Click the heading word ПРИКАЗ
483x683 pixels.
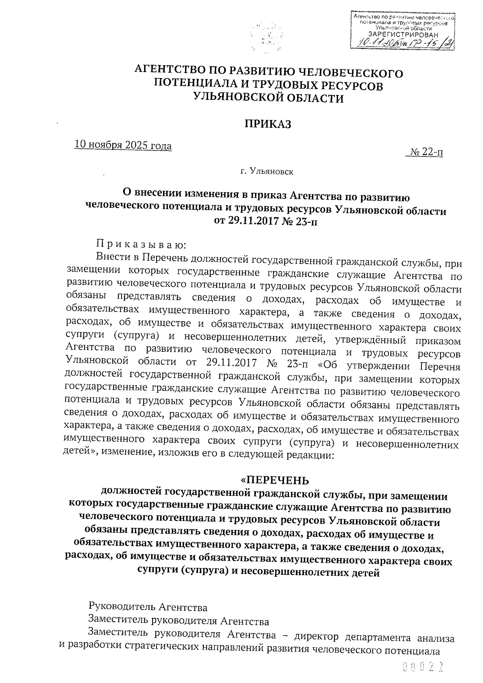coord(268,124)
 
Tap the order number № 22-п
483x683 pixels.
coord(427,153)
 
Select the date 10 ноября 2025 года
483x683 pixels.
coord(123,145)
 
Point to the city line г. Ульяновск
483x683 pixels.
coord(267,172)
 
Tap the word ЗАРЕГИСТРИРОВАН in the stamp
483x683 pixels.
coord(403,35)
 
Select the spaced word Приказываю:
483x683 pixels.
coord(141,244)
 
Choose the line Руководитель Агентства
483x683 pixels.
coord(148,607)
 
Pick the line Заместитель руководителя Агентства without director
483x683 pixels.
coord(179,621)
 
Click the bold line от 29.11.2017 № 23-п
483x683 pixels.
coord(267,221)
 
